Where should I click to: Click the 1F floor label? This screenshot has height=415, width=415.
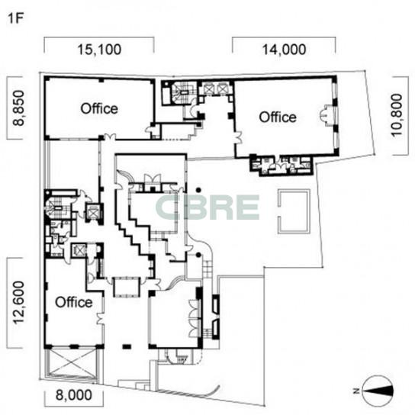[16, 18]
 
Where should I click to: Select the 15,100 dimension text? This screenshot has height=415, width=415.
[99, 50]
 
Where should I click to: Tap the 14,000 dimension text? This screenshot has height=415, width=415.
[284, 50]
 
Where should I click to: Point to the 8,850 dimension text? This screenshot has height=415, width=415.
[19, 108]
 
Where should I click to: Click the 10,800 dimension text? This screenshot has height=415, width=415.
[397, 115]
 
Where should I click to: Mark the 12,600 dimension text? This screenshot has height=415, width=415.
[19, 303]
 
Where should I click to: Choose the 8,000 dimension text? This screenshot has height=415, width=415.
[74, 395]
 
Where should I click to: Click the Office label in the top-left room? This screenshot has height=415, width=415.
[99, 109]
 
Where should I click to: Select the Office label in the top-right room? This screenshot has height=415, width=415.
[278, 117]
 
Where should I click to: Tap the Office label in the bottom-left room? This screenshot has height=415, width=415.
[74, 302]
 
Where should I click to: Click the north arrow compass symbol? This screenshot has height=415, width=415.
[378, 391]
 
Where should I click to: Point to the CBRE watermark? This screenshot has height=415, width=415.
[207, 207]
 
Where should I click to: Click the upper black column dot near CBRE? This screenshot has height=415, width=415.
[198, 190]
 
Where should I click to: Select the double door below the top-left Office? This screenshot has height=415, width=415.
[110, 137]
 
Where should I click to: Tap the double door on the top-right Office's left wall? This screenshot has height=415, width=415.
[238, 137]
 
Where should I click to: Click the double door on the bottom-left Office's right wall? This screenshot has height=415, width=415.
[100, 319]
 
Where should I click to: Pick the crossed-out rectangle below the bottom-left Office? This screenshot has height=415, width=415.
[72, 363]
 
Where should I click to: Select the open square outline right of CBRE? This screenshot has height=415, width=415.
[294, 211]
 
